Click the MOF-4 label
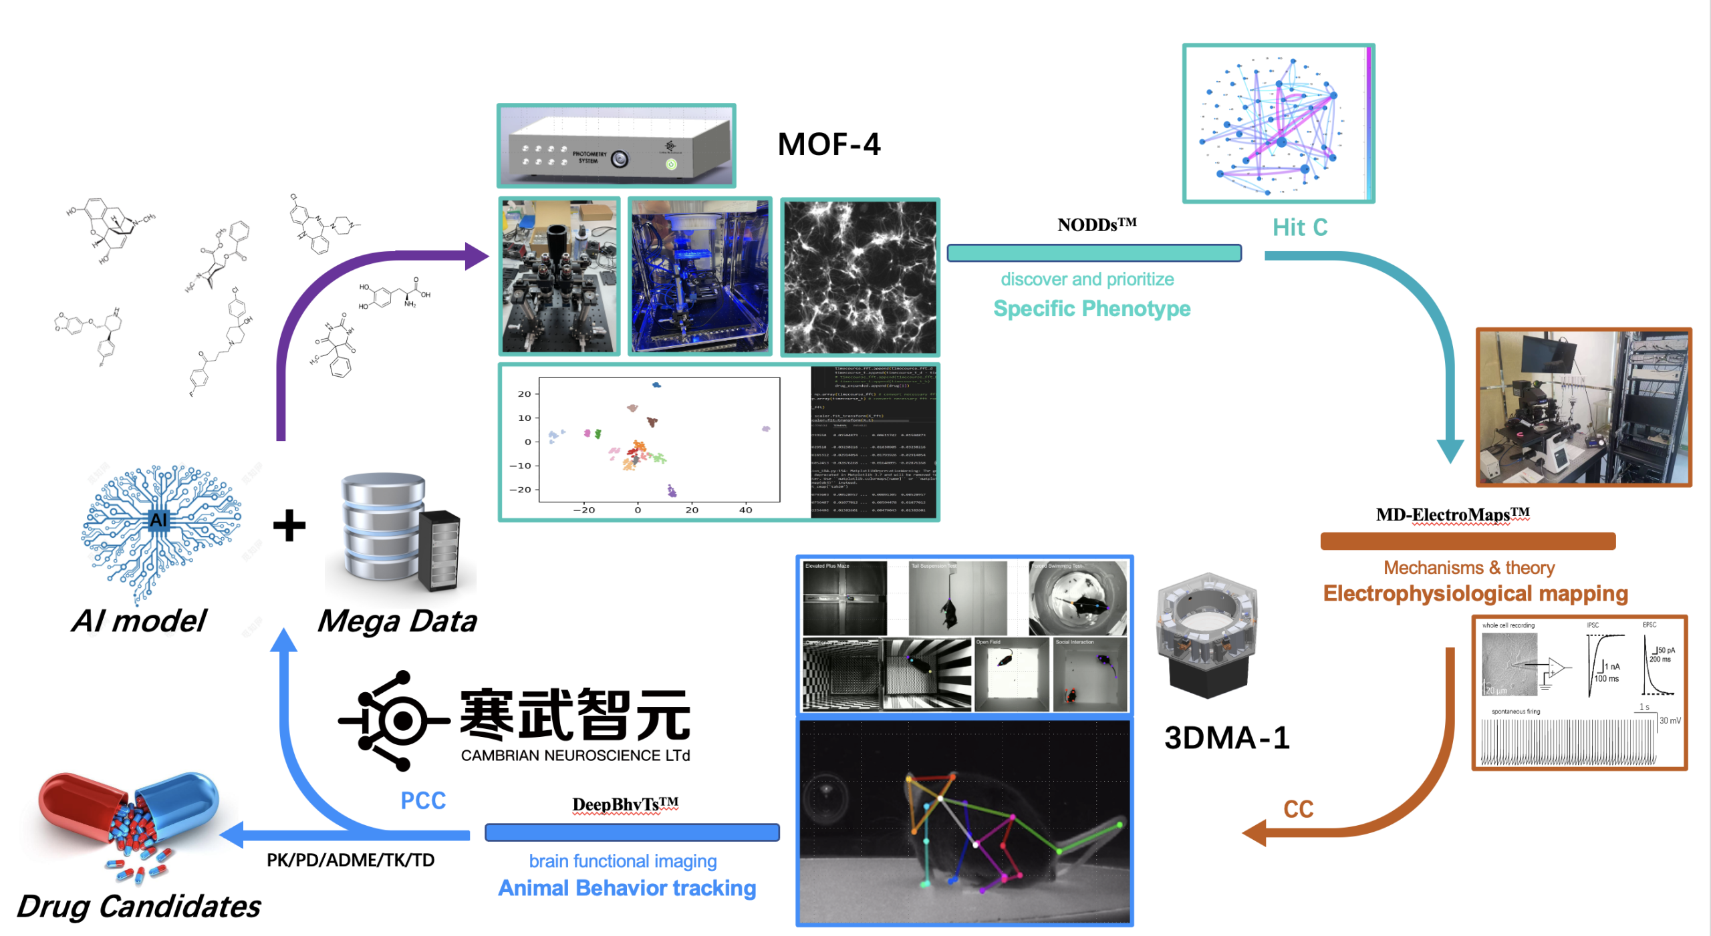829,144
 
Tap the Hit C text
1299,227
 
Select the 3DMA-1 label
1226,738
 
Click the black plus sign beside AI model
289,525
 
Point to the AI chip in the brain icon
158,520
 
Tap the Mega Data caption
397,621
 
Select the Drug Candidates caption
139,906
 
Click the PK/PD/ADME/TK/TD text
350,860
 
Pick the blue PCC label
423,800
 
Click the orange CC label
1298,809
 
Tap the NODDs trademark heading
1096,224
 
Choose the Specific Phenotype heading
1091,309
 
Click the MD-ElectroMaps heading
1452,514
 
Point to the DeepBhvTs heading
625,804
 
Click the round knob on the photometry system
620,159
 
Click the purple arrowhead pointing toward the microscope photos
476,256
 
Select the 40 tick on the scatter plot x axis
745,510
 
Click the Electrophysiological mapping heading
1475,593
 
